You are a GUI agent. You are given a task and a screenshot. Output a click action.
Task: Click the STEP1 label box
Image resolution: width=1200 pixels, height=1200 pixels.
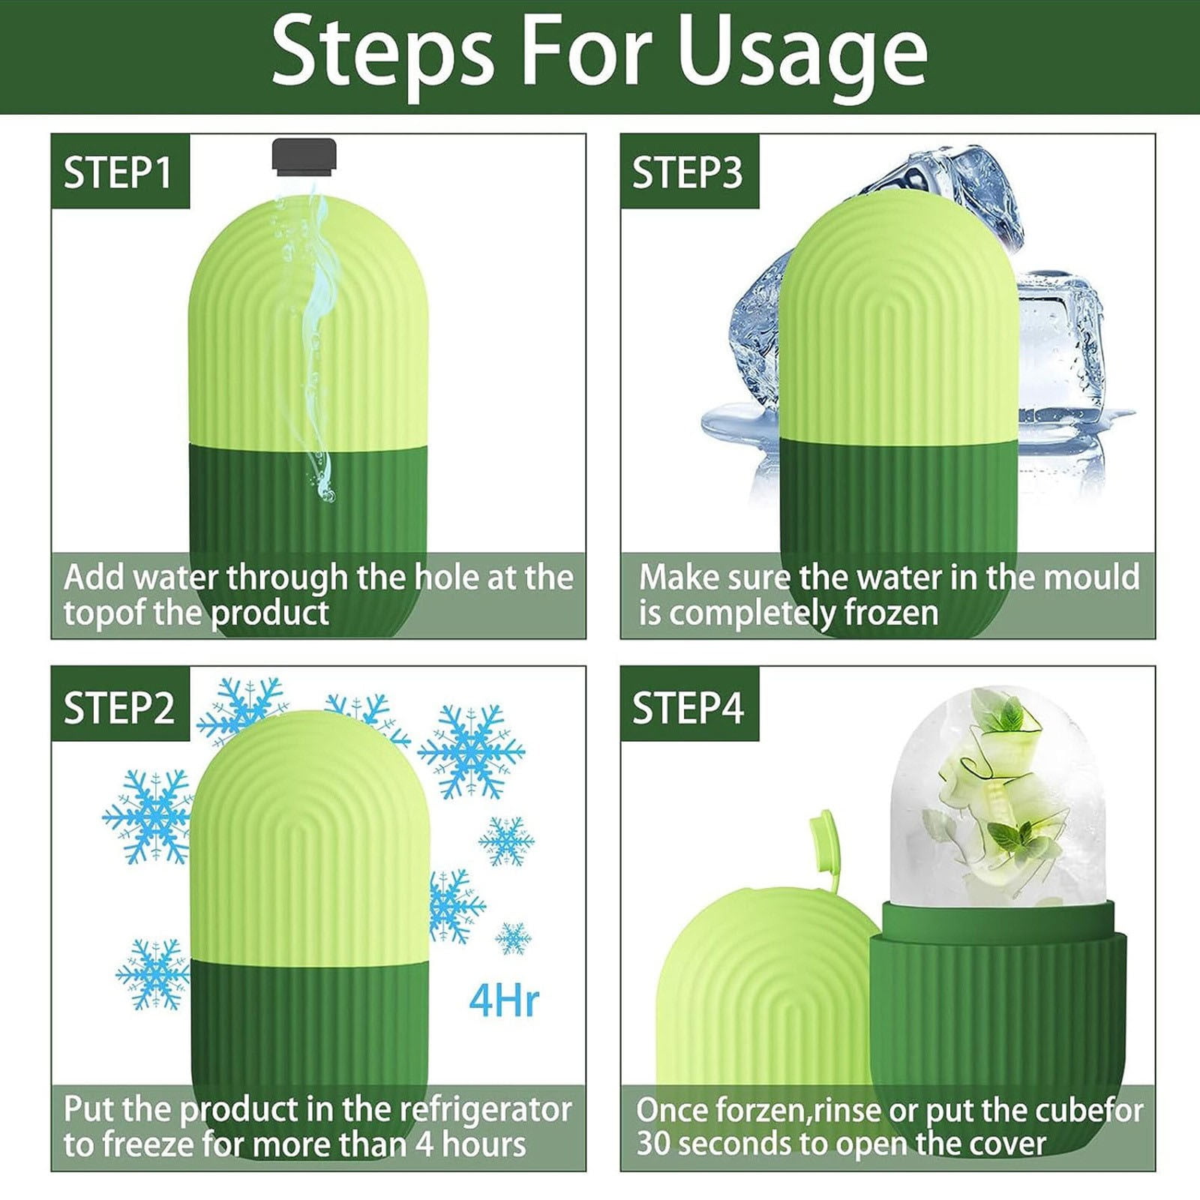[x=119, y=172]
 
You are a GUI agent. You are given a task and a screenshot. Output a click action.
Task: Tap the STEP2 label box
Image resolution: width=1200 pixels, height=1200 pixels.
[x=119, y=707]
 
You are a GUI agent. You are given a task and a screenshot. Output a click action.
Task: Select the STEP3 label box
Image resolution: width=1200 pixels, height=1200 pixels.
[x=688, y=172]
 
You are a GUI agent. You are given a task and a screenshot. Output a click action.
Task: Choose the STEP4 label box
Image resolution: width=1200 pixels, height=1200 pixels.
[x=688, y=707]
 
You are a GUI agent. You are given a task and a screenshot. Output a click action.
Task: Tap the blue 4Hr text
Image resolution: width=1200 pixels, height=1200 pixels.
[x=504, y=1000]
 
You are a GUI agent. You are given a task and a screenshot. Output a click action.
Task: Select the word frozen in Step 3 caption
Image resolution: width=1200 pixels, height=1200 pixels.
[x=892, y=613]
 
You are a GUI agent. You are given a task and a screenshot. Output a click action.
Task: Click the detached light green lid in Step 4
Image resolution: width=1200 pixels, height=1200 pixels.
[x=757, y=997]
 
